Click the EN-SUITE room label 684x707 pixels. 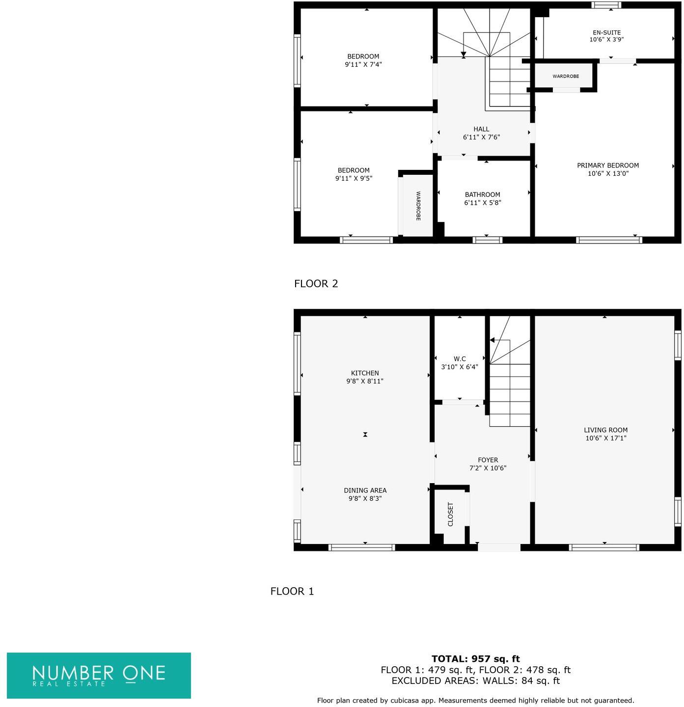coord(606,32)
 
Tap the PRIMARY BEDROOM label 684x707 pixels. coord(607,165)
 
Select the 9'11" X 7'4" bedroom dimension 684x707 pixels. coord(363,64)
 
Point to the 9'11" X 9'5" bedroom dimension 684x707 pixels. coord(354,178)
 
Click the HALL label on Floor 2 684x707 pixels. coord(481,129)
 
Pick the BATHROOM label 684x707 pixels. coord(482,194)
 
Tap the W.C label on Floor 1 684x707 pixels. coord(460,359)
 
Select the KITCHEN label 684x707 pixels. coord(365,373)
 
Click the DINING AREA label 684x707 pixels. coord(365,490)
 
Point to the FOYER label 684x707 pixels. coord(488,460)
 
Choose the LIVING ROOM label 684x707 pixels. coord(605,430)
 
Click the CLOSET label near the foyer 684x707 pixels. coord(451,514)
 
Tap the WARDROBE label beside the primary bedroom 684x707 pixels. coord(565,76)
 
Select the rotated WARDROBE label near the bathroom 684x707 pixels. coord(418,206)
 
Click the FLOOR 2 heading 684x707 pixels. coord(316,283)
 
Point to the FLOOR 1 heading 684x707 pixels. coord(292,591)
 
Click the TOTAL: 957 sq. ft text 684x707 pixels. coord(475,659)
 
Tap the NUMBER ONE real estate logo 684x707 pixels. coord(99,675)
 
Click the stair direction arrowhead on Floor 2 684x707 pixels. coord(463,54)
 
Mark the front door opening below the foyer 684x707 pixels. coord(499,547)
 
